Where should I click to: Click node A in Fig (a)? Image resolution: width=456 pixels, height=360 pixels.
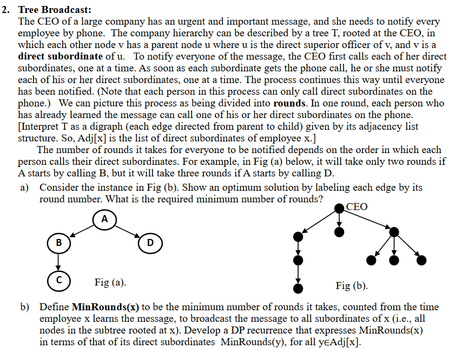(104, 219)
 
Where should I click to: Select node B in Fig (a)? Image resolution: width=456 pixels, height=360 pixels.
(58, 242)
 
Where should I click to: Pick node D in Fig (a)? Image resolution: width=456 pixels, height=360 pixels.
(150, 242)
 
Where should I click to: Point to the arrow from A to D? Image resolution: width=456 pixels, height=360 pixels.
(128, 231)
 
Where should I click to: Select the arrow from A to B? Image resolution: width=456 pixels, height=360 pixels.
(81, 231)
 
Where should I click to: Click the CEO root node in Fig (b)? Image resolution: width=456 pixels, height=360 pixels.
(339, 208)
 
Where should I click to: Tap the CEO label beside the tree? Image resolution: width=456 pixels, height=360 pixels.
(356, 207)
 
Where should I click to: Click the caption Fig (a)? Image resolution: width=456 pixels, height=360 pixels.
(110, 282)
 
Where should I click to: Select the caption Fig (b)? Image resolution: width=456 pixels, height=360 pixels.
(352, 285)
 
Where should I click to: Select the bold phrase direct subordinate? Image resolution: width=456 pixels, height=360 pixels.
(60, 56)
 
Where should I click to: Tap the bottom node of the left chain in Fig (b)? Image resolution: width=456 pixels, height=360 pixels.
(296, 287)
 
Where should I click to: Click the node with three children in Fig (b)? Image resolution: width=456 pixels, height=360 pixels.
(394, 231)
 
